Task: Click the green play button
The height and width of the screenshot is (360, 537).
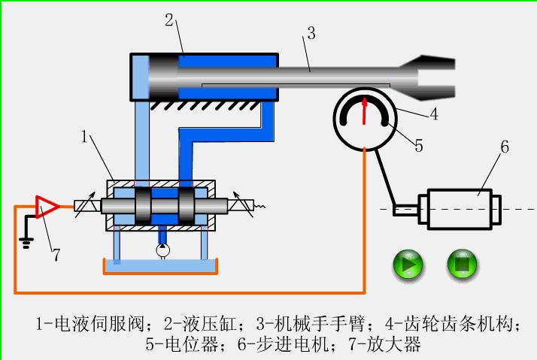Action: click(408, 265)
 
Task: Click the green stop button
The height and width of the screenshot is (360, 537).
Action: click(463, 265)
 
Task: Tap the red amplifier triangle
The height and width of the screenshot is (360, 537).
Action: click(47, 205)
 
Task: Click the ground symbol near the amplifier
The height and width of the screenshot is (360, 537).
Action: click(27, 238)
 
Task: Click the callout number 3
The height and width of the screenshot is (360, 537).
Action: click(310, 32)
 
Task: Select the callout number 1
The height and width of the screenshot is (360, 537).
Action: click(86, 136)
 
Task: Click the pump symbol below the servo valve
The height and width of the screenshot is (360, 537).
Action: click(162, 249)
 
